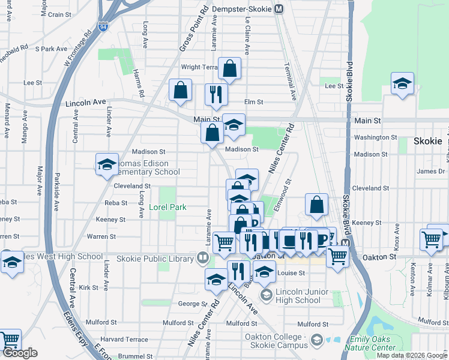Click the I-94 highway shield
tap(104, 26)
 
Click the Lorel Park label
tap(168, 208)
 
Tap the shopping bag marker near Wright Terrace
tap(230, 70)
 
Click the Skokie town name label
tap(427, 142)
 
